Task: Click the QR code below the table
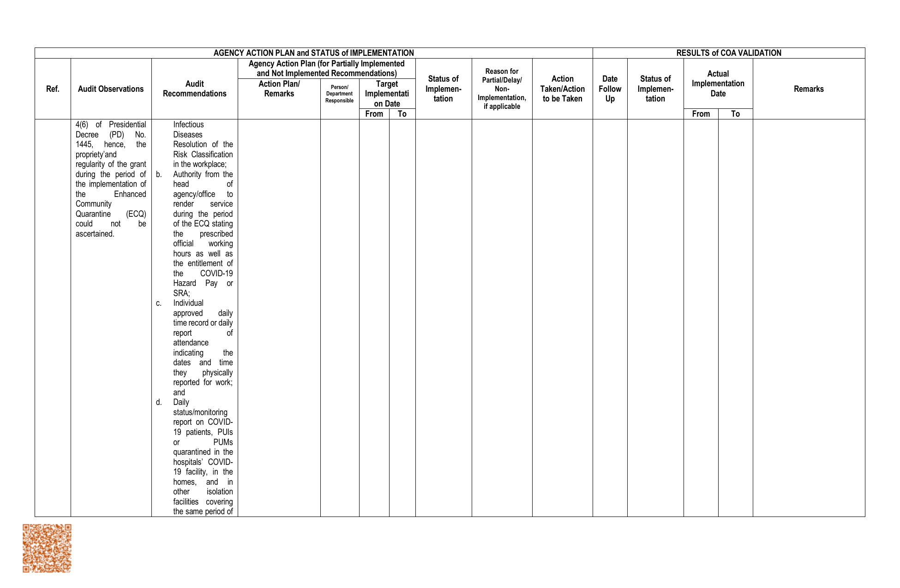click(x=47, y=548)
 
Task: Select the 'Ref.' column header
click(x=53, y=89)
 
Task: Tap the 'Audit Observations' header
click(x=111, y=89)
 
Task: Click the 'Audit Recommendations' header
click(x=194, y=89)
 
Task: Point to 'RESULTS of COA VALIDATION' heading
click(x=728, y=53)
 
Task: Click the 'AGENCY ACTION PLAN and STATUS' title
click(x=313, y=53)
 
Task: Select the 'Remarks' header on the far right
click(x=808, y=89)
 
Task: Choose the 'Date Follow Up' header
click(x=610, y=89)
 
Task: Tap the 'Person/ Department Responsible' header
click(x=339, y=94)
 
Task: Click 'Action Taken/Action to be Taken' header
click(x=562, y=89)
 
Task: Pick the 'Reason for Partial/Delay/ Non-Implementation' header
click(x=502, y=89)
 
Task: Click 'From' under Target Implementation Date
click(x=374, y=114)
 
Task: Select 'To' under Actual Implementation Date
click(x=735, y=114)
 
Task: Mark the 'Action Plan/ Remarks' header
click(x=279, y=89)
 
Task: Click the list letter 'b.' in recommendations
click(x=159, y=174)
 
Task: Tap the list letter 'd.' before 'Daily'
click(x=159, y=402)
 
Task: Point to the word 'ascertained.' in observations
click(x=95, y=234)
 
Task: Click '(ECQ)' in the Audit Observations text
click(x=136, y=214)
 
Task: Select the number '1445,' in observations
click(x=84, y=144)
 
